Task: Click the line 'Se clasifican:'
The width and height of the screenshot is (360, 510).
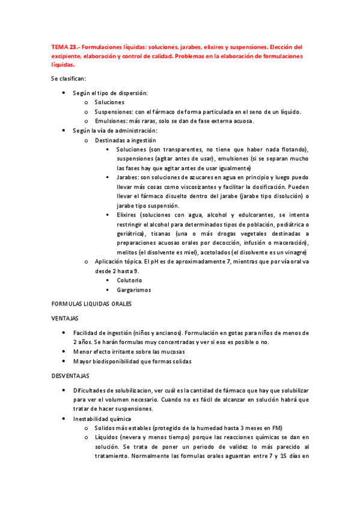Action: (68, 79)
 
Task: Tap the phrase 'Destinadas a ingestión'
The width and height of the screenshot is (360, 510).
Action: (122, 140)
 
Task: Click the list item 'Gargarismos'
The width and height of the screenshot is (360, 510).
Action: (134, 290)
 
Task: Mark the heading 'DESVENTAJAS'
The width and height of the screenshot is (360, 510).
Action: (70, 375)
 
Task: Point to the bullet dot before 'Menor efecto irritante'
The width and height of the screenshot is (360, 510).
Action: (64, 352)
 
